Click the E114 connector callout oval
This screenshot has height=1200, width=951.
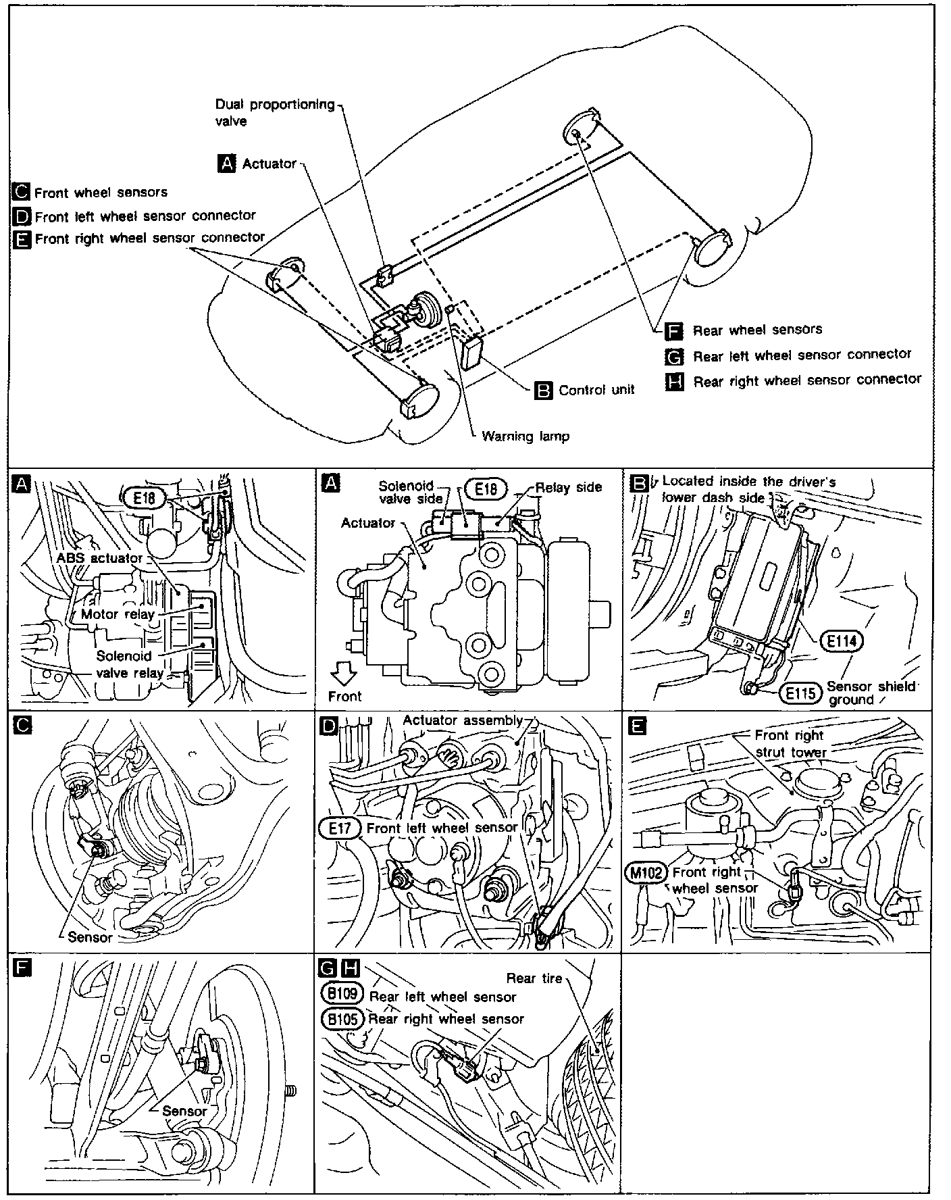point(842,640)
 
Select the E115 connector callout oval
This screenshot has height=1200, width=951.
point(800,693)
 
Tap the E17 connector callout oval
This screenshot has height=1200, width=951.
point(340,828)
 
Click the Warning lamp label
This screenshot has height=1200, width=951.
point(525,436)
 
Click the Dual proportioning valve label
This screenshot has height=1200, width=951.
point(275,113)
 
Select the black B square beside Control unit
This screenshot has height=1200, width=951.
point(544,391)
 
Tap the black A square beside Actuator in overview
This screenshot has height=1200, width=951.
point(228,164)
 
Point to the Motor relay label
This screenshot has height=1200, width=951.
point(118,614)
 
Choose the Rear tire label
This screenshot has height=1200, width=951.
point(534,978)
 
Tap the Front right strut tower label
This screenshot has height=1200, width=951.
point(790,743)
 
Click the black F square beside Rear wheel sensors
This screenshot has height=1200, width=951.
point(673,331)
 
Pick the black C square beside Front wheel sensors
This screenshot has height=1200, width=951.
point(22,193)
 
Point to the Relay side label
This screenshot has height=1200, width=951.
point(568,487)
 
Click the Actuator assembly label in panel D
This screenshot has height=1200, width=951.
point(463,720)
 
